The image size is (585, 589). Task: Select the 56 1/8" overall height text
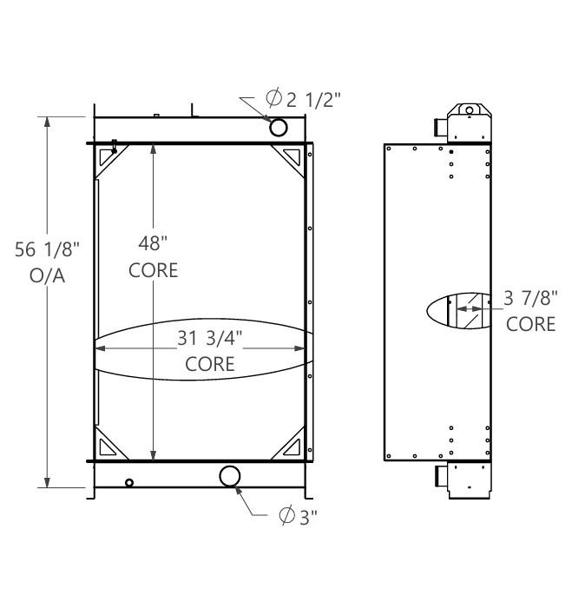tap(48, 251)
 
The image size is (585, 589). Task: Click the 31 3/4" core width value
tap(209, 339)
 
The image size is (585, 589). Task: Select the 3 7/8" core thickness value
tap(530, 299)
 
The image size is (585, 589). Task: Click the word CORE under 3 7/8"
tap(530, 324)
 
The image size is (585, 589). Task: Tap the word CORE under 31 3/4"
tap(209, 363)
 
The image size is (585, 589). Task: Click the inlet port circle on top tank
tap(279, 128)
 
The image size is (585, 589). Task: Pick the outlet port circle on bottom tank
tap(231, 476)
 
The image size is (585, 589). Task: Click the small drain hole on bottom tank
tap(129, 483)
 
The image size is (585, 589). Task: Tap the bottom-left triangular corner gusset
tap(109, 447)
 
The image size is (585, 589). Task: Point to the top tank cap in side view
tap(468, 111)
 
